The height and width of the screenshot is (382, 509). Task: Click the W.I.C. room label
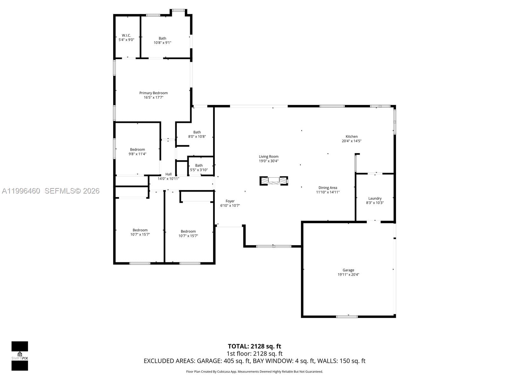tap(126, 35)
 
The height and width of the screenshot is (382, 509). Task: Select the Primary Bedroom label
tap(153, 93)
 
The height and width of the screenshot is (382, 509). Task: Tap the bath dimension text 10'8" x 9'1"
tap(162, 43)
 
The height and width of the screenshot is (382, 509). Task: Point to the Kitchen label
tap(352, 137)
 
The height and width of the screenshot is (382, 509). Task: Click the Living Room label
tap(268, 157)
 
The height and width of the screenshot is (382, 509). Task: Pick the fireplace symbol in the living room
tap(274, 181)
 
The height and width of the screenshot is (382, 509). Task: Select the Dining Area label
tap(328, 188)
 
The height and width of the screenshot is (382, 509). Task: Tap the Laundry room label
tap(375, 198)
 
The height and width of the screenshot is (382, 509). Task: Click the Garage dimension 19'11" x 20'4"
tap(348, 275)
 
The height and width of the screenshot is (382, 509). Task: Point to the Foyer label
tap(230, 201)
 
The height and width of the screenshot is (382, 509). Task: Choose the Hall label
tap(168, 174)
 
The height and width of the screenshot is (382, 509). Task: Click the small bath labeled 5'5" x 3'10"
tap(199, 168)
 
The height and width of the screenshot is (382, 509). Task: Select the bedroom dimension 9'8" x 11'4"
tap(137, 154)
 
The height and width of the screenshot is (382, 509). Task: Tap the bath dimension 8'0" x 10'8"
tap(197, 137)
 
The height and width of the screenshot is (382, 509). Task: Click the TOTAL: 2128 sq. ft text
tap(254, 346)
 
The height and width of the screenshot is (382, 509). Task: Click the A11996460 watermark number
tap(21, 191)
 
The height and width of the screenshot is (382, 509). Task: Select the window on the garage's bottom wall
tap(347, 316)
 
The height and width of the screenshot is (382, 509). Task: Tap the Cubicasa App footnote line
tap(254, 371)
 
